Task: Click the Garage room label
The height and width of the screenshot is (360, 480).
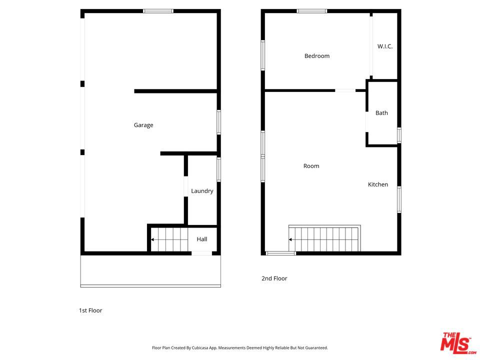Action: pyautogui.click(x=143, y=125)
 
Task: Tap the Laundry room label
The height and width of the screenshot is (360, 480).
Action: pyautogui.click(x=202, y=190)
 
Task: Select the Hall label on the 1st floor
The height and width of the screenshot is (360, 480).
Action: pyautogui.click(x=201, y=239)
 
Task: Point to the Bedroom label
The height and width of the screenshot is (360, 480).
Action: pyautogui.click(x=317, y=55)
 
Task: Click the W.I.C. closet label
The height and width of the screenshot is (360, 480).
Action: pyautogui.click(x=385, y=46)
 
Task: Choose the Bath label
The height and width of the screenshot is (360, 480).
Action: pyautogui.click(x=381, y=113)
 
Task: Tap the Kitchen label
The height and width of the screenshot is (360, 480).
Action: pyautogui.click(x=378, y=184)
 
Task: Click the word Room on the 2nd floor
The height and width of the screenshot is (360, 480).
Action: pyautogui.click(x=311, y=166)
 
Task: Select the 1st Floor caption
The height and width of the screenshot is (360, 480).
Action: pyautogui.click(x=90, y=310)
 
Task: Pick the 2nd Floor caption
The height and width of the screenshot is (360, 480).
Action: pyautogui.click(x=274, y=278)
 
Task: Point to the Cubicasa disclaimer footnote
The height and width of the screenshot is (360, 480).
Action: pyautogui.click(x=239, y=348)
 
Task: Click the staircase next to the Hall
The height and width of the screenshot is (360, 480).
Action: pyautogui.click(x=169, y=239)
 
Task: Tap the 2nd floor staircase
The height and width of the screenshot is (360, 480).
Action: pyautogui.click(x=324, y=238)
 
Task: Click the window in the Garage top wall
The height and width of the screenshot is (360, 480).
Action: pyautogui.click(x=158, y=11)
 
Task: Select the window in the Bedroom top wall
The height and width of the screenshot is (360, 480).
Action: pyautogui.click(x=311, y=11)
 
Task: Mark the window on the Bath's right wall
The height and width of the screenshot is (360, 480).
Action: pyautogui.click(x=399, y=135)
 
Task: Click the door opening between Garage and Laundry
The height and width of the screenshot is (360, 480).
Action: pyautogui.click(x=186, y=186)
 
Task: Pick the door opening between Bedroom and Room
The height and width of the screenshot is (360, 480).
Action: pyautogui.click(x=345, y=90)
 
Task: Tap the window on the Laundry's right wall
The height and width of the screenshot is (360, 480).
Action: pyautogui.click(x=218, y=169)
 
